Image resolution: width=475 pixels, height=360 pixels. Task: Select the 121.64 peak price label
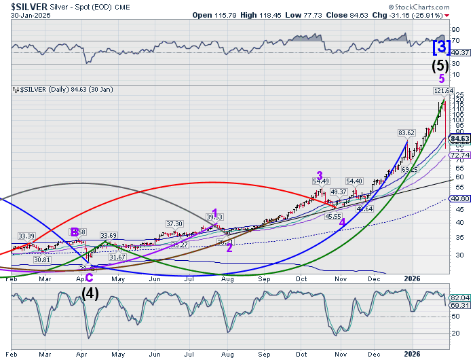point(442,90)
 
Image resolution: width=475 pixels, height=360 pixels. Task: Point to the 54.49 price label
point(320,181)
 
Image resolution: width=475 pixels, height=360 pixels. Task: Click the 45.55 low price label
point(332,216)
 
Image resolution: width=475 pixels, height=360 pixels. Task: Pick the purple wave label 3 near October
point(319,174)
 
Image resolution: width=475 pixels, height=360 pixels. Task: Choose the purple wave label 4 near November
point(342,222)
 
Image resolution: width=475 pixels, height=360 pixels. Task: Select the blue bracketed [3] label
point(441,47)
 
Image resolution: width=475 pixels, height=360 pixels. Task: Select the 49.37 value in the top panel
point(461,52)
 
